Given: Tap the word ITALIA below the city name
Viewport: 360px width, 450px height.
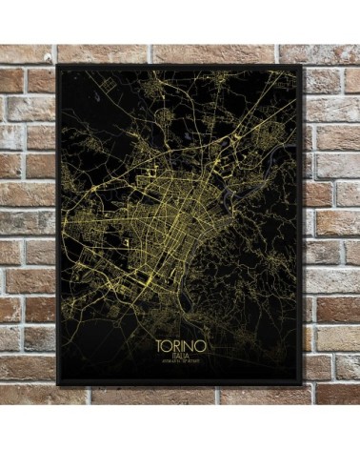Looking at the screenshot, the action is (x=178, y=353).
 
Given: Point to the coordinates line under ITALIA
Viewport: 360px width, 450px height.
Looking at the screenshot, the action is (x=178, y=360).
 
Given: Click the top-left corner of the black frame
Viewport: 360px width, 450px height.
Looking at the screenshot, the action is (x=57, y=66).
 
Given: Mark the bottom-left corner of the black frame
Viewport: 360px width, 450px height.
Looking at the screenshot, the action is (x=57, y=387).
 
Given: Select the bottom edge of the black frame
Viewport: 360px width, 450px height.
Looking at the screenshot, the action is (x=180, y=385).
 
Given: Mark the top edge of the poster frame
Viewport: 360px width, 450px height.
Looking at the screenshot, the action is (x=180, y=67).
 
